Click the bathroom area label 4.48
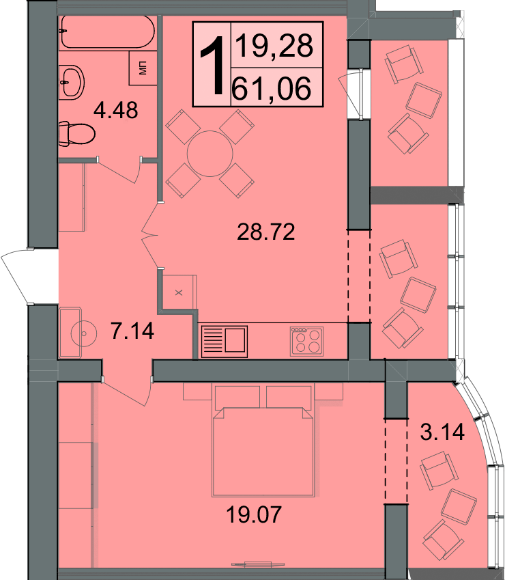click(115, 110)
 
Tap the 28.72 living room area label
click(265, 232)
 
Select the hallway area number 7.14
click(132, 331)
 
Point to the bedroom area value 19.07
click(254, 514)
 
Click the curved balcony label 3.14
click(442, 432)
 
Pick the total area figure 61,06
click(272, 89)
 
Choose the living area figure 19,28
click(274, 46)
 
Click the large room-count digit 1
click(212, 66)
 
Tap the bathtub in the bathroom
click(106, 32)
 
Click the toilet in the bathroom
click(76, 133)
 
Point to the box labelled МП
click(143, 68)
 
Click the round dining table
click(210, 154)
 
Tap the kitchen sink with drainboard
click(225, 342)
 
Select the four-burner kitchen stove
click(306, 342)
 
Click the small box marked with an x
click(179, 292)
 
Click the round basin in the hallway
click(84, 333)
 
